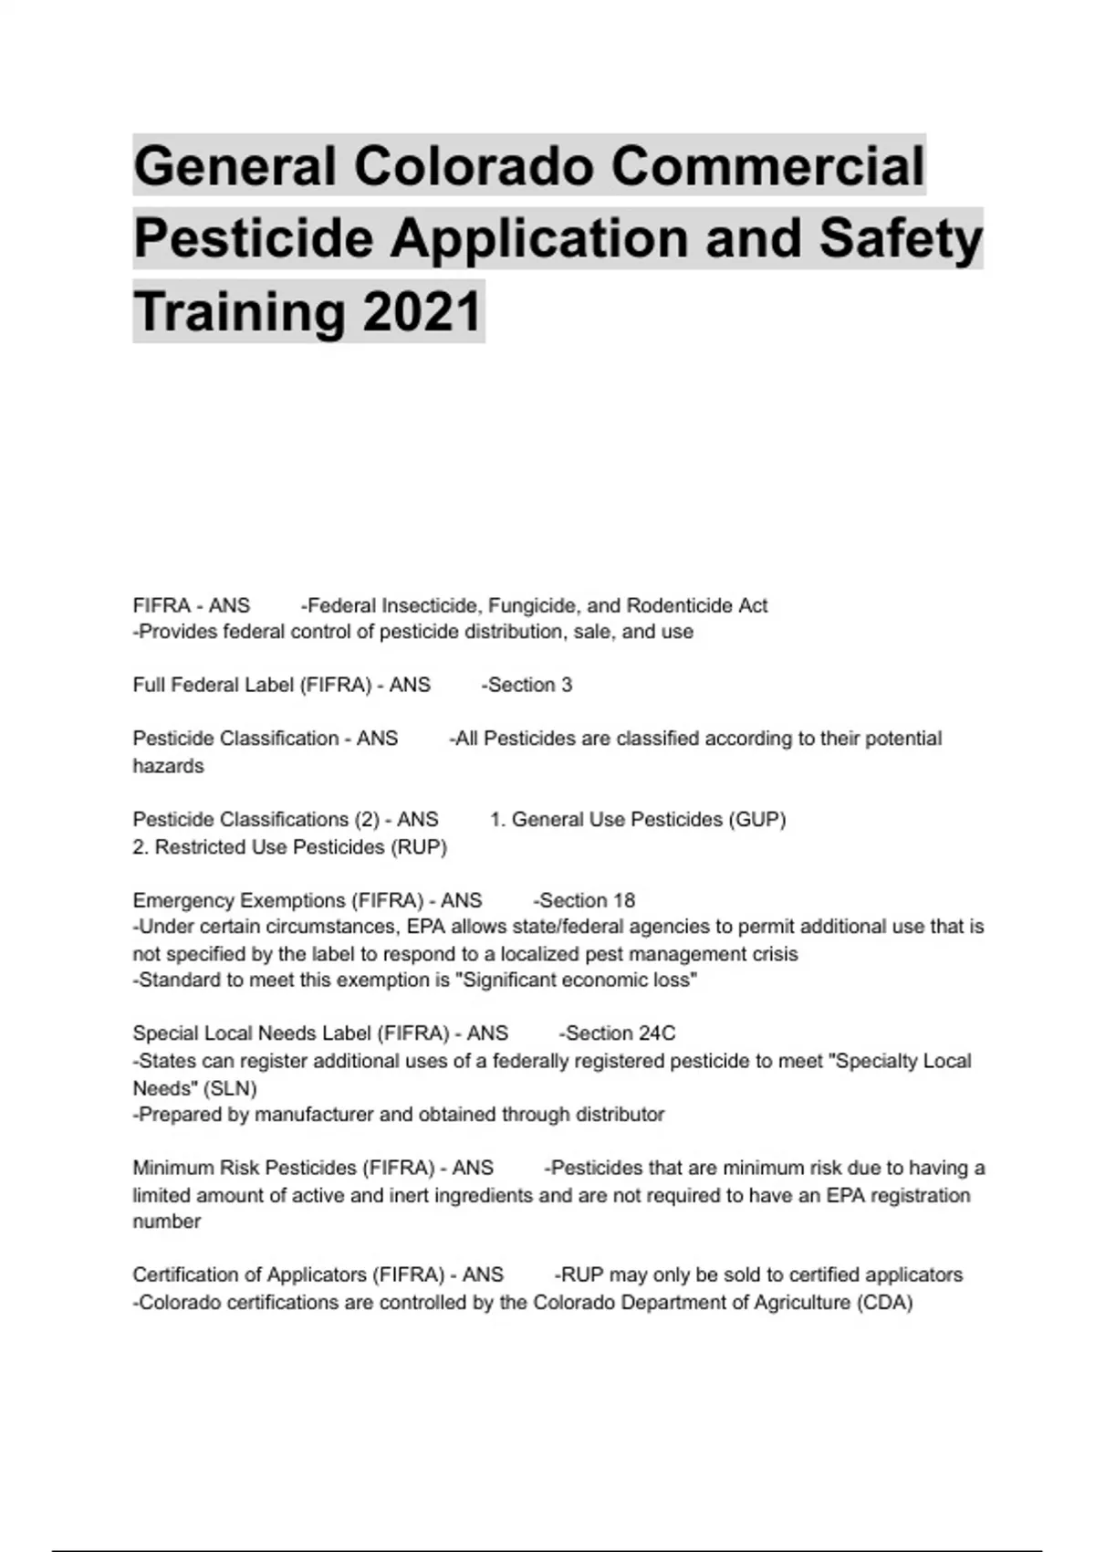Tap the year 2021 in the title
click(x=422, y=312)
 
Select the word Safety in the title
click(x=901, y=239)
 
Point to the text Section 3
click(x=529, y=685)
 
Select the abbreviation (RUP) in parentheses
click(x=419, y=846)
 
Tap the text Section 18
click(x=587, y=900)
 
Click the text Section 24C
click(x=620, y=1033)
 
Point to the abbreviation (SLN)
click(x=230, y=1087)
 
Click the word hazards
click(x=168, y=766)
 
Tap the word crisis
click(x=774, y=954)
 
